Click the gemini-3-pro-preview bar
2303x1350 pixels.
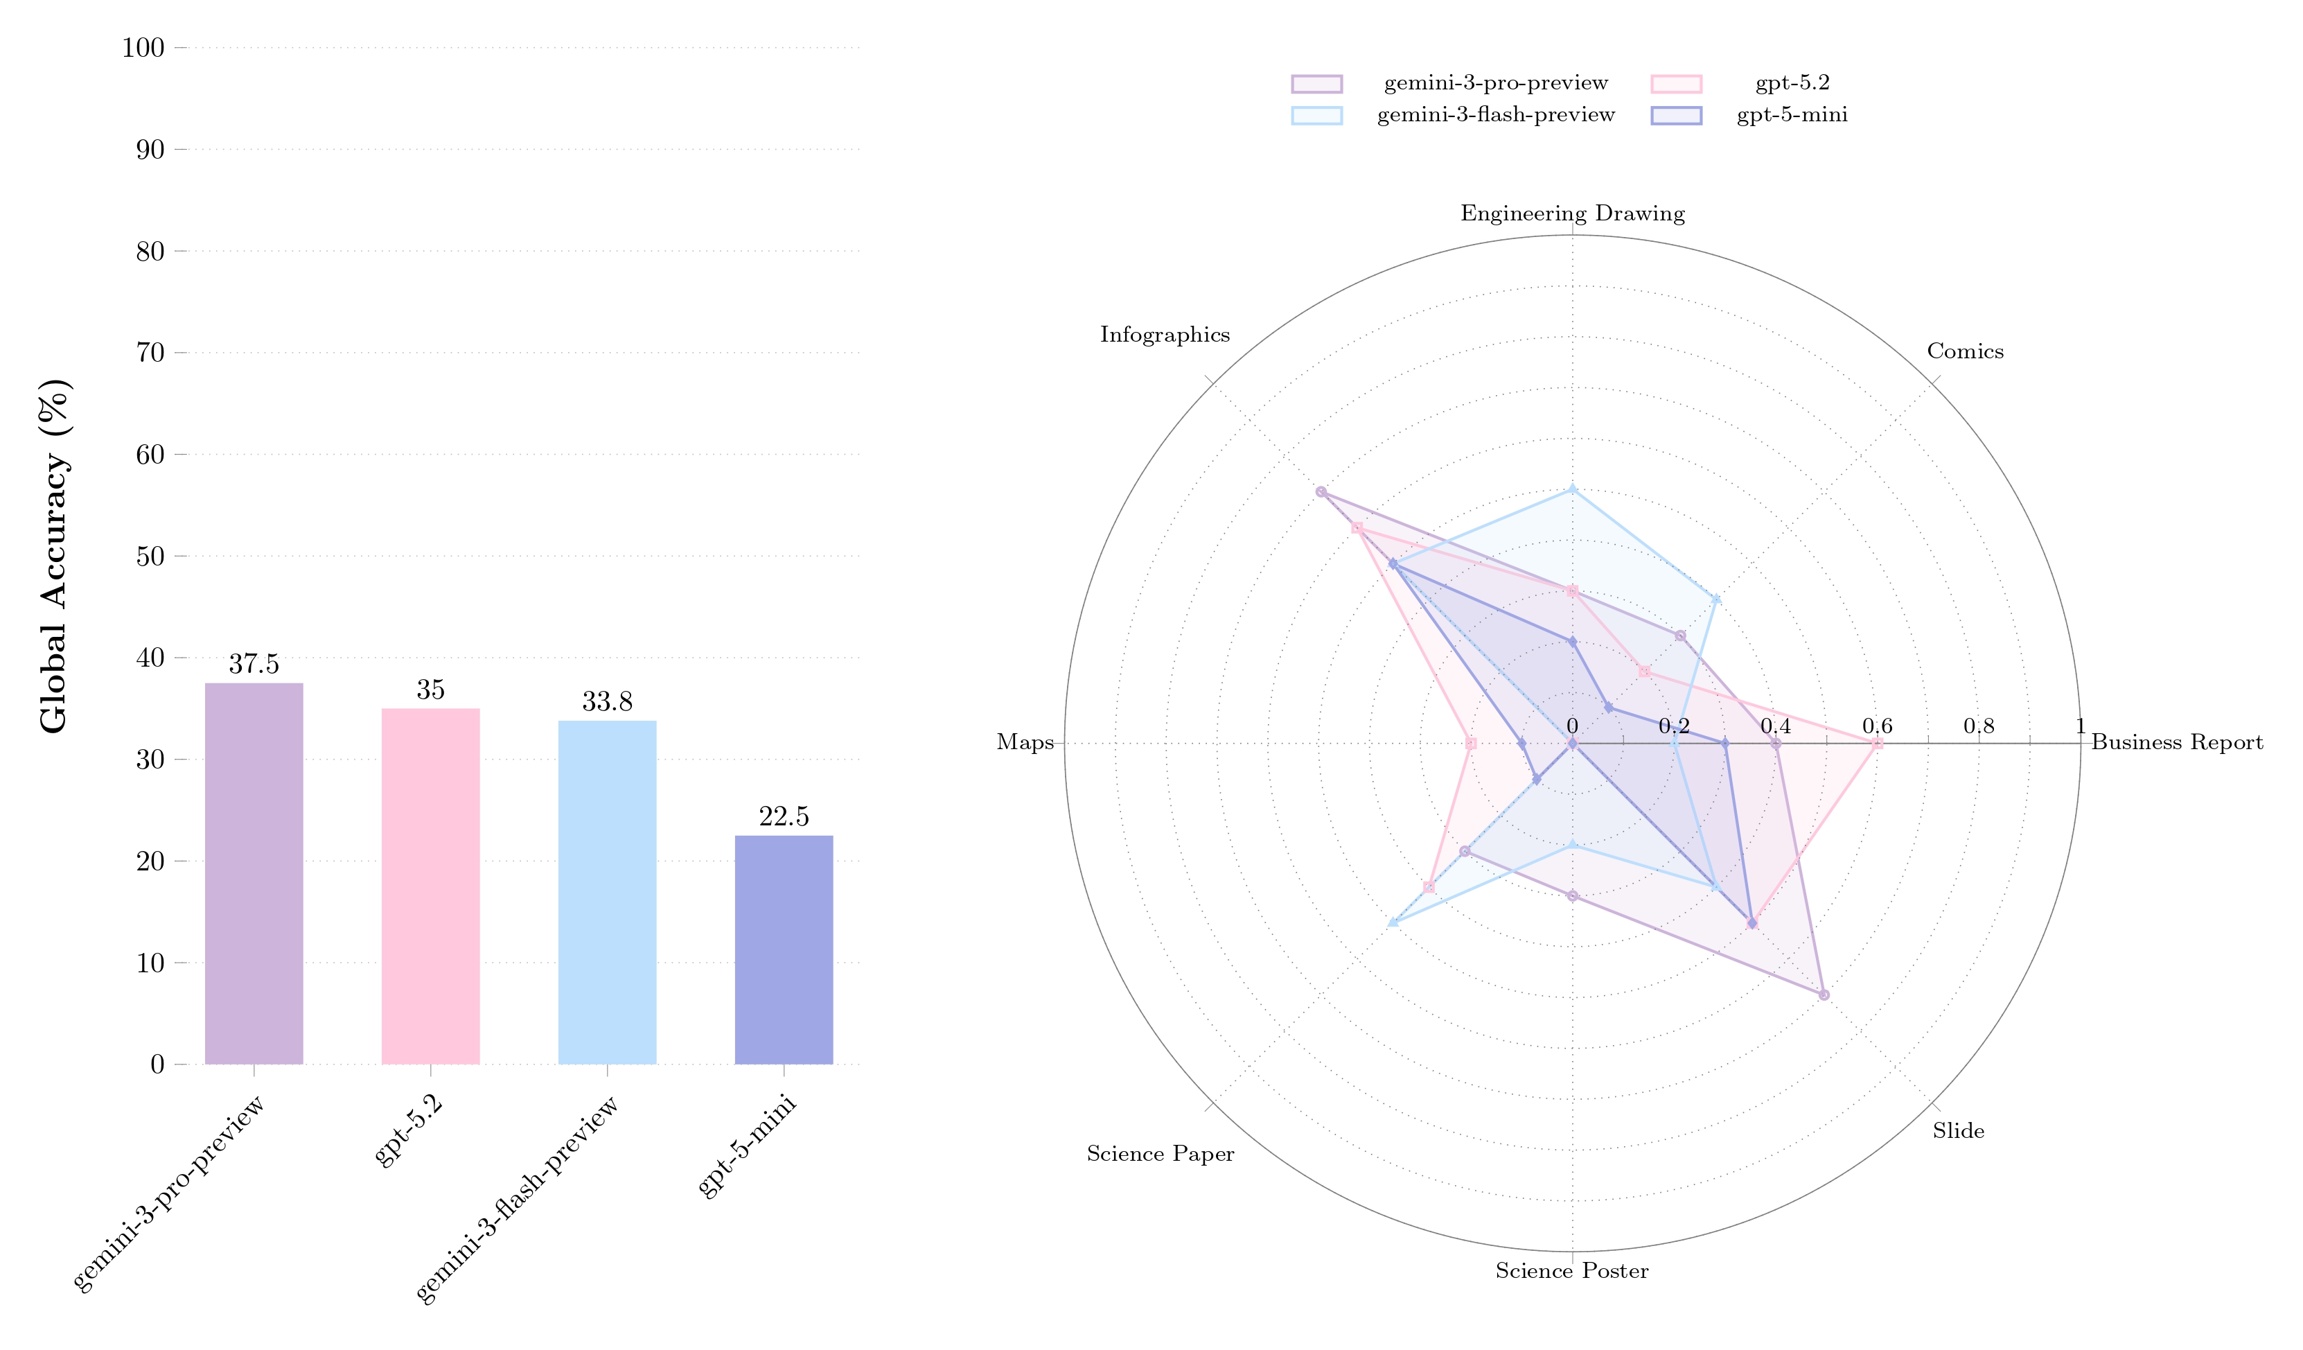[254, 873]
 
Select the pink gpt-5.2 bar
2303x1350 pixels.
[430, 886]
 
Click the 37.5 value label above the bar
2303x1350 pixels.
[254, 665]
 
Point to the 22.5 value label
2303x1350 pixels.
[783, 817]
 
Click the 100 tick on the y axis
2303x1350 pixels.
[143, 48]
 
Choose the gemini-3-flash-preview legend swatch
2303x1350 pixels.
[1317, 116]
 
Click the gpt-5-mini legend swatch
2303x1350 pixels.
[1676, 116]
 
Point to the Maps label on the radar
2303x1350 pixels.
[1025, 742]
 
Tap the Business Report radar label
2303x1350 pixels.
[2177, 742]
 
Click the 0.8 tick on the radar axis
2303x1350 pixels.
[1979, 727]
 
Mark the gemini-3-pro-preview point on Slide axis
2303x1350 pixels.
[1824, 994]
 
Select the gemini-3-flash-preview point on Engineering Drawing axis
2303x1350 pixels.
[1572, 490]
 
